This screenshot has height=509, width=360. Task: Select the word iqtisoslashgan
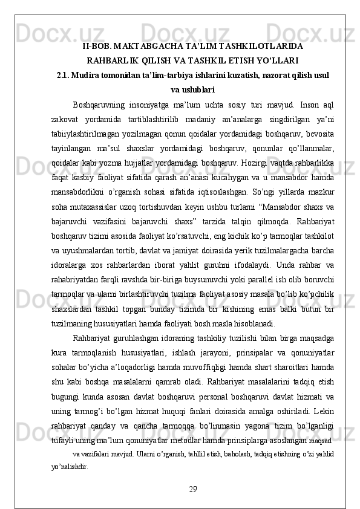pyautogui.click(x=236, y=190)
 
